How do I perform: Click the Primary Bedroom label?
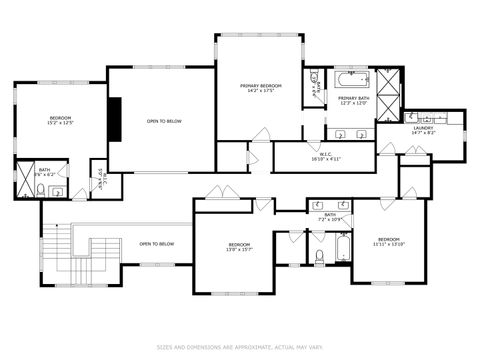[x=260, y=86]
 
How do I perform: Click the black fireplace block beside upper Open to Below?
[x=116, y=121]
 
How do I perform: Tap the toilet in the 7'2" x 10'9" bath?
[x=319, y=256]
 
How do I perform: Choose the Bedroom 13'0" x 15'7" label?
[x=238, y=247]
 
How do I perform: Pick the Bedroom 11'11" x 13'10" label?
[x=388, y=241]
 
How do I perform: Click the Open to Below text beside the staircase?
[x=157, y=244]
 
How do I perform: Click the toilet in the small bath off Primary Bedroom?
[x=314, y=75]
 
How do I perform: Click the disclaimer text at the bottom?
[x=240, y=348]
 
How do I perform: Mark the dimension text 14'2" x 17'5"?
[x=260, y=91]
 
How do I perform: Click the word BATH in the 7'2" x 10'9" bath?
[x=329, y=214]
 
